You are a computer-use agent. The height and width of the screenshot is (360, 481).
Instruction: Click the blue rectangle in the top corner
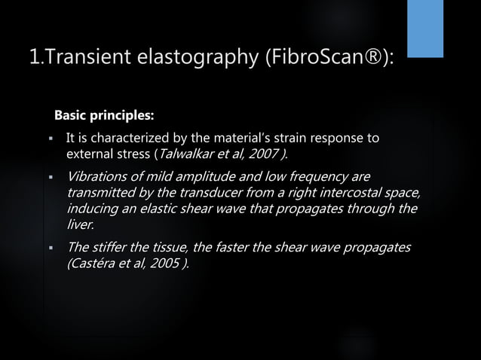[425, 29]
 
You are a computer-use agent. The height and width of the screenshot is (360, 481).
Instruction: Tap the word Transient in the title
[78, 57]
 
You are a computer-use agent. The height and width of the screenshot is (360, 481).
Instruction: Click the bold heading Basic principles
[104, 117]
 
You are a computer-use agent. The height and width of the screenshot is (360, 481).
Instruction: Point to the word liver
[80, 224]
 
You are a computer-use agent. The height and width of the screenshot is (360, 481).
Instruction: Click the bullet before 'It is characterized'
[48, 139]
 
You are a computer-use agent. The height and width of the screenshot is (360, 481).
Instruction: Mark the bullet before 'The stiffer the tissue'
[48, 249]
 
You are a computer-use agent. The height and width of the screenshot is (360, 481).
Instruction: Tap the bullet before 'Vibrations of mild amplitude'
[48, 178]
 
